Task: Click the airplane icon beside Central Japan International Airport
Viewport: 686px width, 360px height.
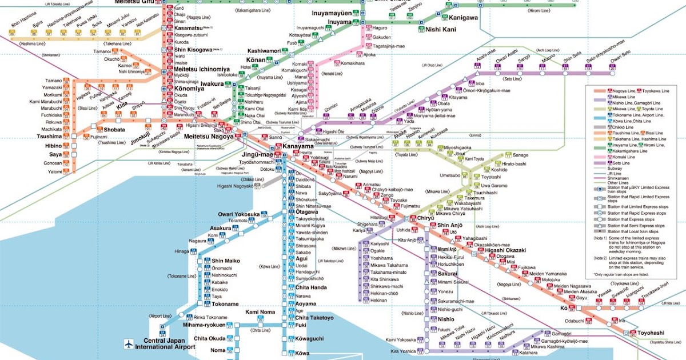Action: click(x=129, y=344)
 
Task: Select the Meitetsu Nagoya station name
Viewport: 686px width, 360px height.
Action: click(x=209, y=137)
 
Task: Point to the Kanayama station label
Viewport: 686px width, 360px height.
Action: click(x=298, y=147)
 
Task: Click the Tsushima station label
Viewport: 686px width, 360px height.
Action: click(x=49, y=137)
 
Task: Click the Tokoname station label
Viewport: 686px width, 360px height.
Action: click(x=225, y=304)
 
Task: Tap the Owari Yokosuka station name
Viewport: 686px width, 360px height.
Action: click(x=238, y=214)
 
